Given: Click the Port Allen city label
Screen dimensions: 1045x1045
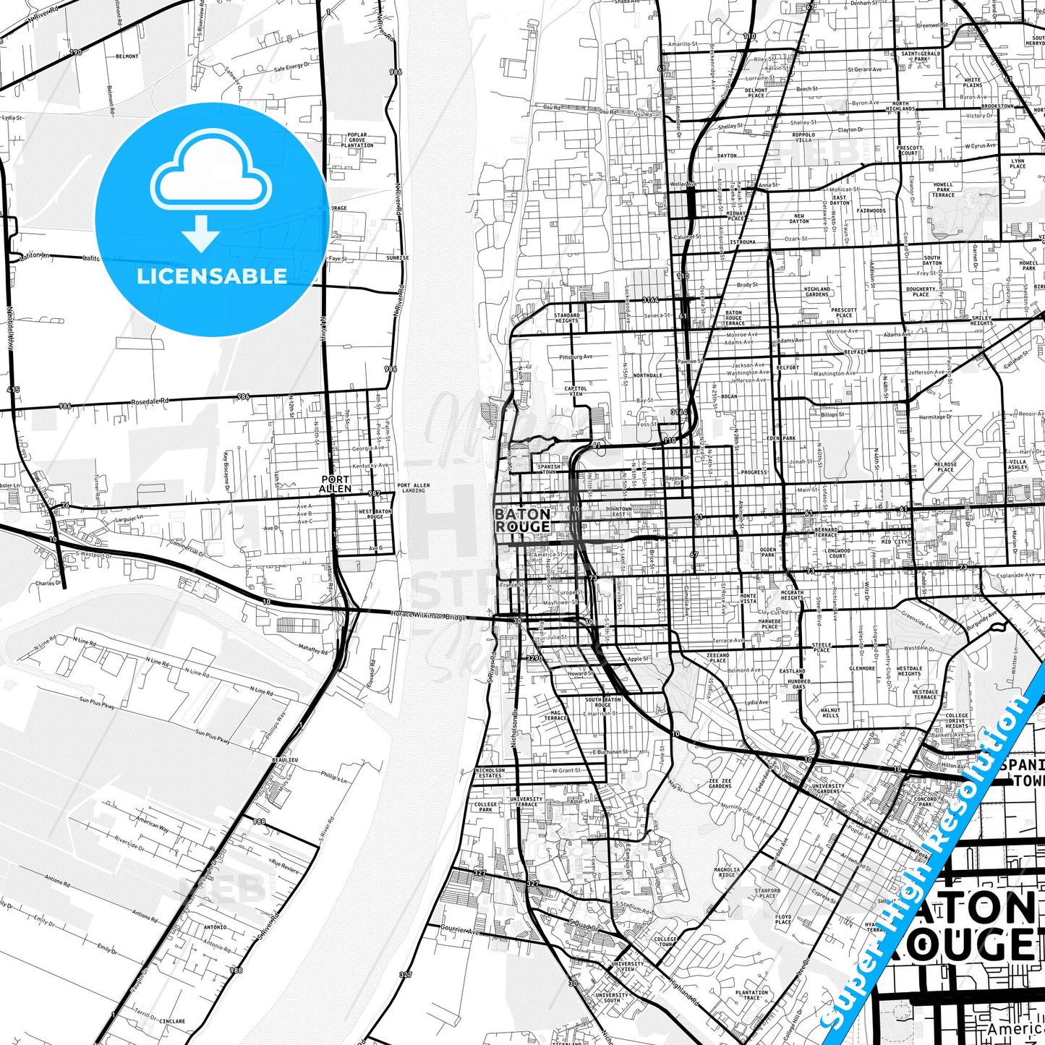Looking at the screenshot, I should (335, 484).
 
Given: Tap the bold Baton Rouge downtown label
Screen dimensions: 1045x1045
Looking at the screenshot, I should (522, 520).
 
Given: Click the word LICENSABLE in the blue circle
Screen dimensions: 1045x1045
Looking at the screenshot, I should (212, 276).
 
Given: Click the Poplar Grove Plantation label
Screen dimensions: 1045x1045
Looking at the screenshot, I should (357, 140).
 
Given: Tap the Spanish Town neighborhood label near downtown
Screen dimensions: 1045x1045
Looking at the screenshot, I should (549, 469).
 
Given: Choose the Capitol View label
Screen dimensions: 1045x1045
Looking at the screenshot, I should (576, 391).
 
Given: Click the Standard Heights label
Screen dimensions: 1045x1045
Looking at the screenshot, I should (567, 318).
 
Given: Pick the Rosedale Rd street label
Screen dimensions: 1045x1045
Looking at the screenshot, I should (150, 401).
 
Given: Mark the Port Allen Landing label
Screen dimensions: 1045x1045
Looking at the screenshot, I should (413, 488).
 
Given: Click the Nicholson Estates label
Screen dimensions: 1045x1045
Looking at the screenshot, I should (490, 773).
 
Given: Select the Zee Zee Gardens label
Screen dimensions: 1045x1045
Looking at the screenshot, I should (720, 783).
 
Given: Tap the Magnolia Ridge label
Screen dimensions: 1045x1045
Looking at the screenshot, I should (727, 872).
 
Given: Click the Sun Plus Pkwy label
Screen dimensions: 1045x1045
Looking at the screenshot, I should (97, 704).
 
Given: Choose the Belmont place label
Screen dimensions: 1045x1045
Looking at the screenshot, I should (127, 56).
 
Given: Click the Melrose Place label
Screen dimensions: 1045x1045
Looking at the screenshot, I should (945, 466).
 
